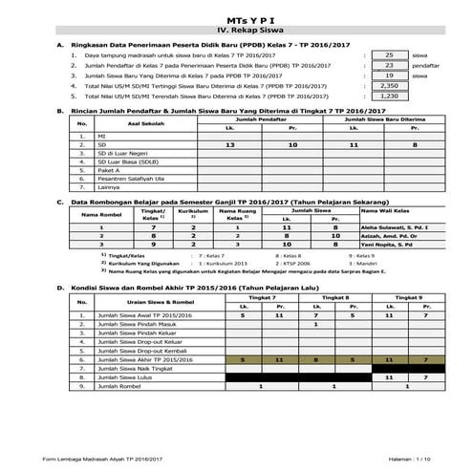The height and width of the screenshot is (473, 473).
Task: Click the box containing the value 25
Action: click(x=389, y=55)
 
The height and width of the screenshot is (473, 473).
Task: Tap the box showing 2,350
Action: click(x=389, y=86)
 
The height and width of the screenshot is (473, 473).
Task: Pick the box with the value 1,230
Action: click(x=389, y=97)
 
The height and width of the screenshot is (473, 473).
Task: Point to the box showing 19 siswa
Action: click(x=389, y=75)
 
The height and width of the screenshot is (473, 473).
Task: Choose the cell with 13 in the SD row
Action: click(x=229, y=143)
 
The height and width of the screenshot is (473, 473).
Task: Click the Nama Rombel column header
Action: click(x=98, y=215)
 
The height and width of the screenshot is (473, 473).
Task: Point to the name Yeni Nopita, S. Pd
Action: click(x=408, y=246)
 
